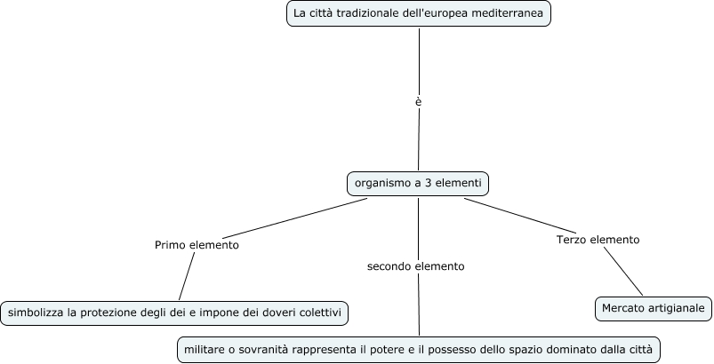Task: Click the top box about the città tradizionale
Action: tap(419, 14)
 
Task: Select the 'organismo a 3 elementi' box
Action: tap(418, 184)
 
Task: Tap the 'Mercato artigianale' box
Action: tap(653, 308)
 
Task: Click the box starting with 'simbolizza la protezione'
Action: tap(174, 313)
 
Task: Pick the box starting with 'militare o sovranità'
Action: tap(419, 349)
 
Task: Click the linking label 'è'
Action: tap(418, 101)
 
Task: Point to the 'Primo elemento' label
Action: tap(197, 245)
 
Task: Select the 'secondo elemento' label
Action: tap(415, 265)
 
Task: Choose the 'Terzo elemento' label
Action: tap(598, 240)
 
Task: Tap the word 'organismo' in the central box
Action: tap(381, 184)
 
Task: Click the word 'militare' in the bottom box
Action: tap(205, 349)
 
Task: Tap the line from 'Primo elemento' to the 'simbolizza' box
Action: tap(187, 277)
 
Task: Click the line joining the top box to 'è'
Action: tap(419, 58)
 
